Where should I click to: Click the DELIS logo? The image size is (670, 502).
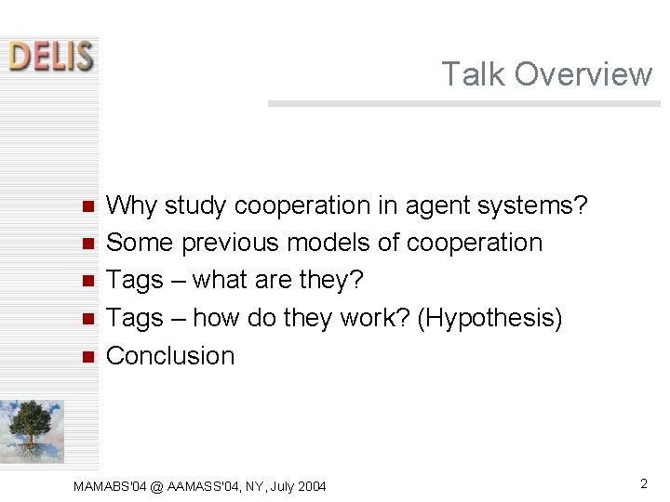51,55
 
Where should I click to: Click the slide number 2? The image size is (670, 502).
643,483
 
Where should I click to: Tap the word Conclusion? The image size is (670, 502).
170,356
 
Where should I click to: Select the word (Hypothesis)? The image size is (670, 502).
490,318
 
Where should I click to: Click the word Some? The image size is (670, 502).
140,243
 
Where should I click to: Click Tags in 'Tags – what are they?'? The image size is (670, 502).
135,280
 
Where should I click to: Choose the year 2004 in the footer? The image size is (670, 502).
311,486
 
